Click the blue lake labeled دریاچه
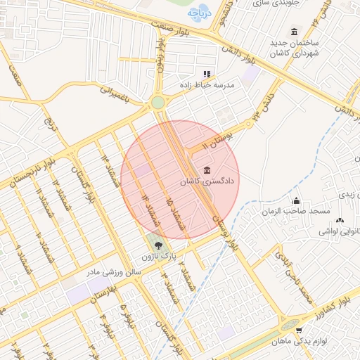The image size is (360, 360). (x=195, y=13)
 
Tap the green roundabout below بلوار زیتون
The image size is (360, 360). (x=159, y=103)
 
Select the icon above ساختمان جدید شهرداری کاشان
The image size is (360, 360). (x=293, y=32)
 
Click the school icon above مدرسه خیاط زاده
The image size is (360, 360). (x=207, y=73)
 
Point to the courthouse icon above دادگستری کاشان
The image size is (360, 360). (x=206, y=170)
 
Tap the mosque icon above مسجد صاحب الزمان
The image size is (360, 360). (x=296, y=201)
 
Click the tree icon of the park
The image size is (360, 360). (x=157, y=246)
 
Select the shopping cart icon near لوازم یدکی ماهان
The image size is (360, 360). (x=300, y=330)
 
